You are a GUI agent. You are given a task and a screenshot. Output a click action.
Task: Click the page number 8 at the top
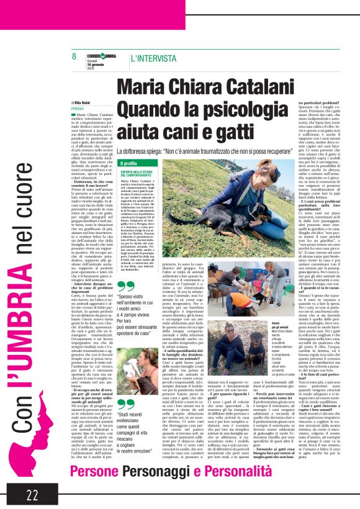[74, 56]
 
